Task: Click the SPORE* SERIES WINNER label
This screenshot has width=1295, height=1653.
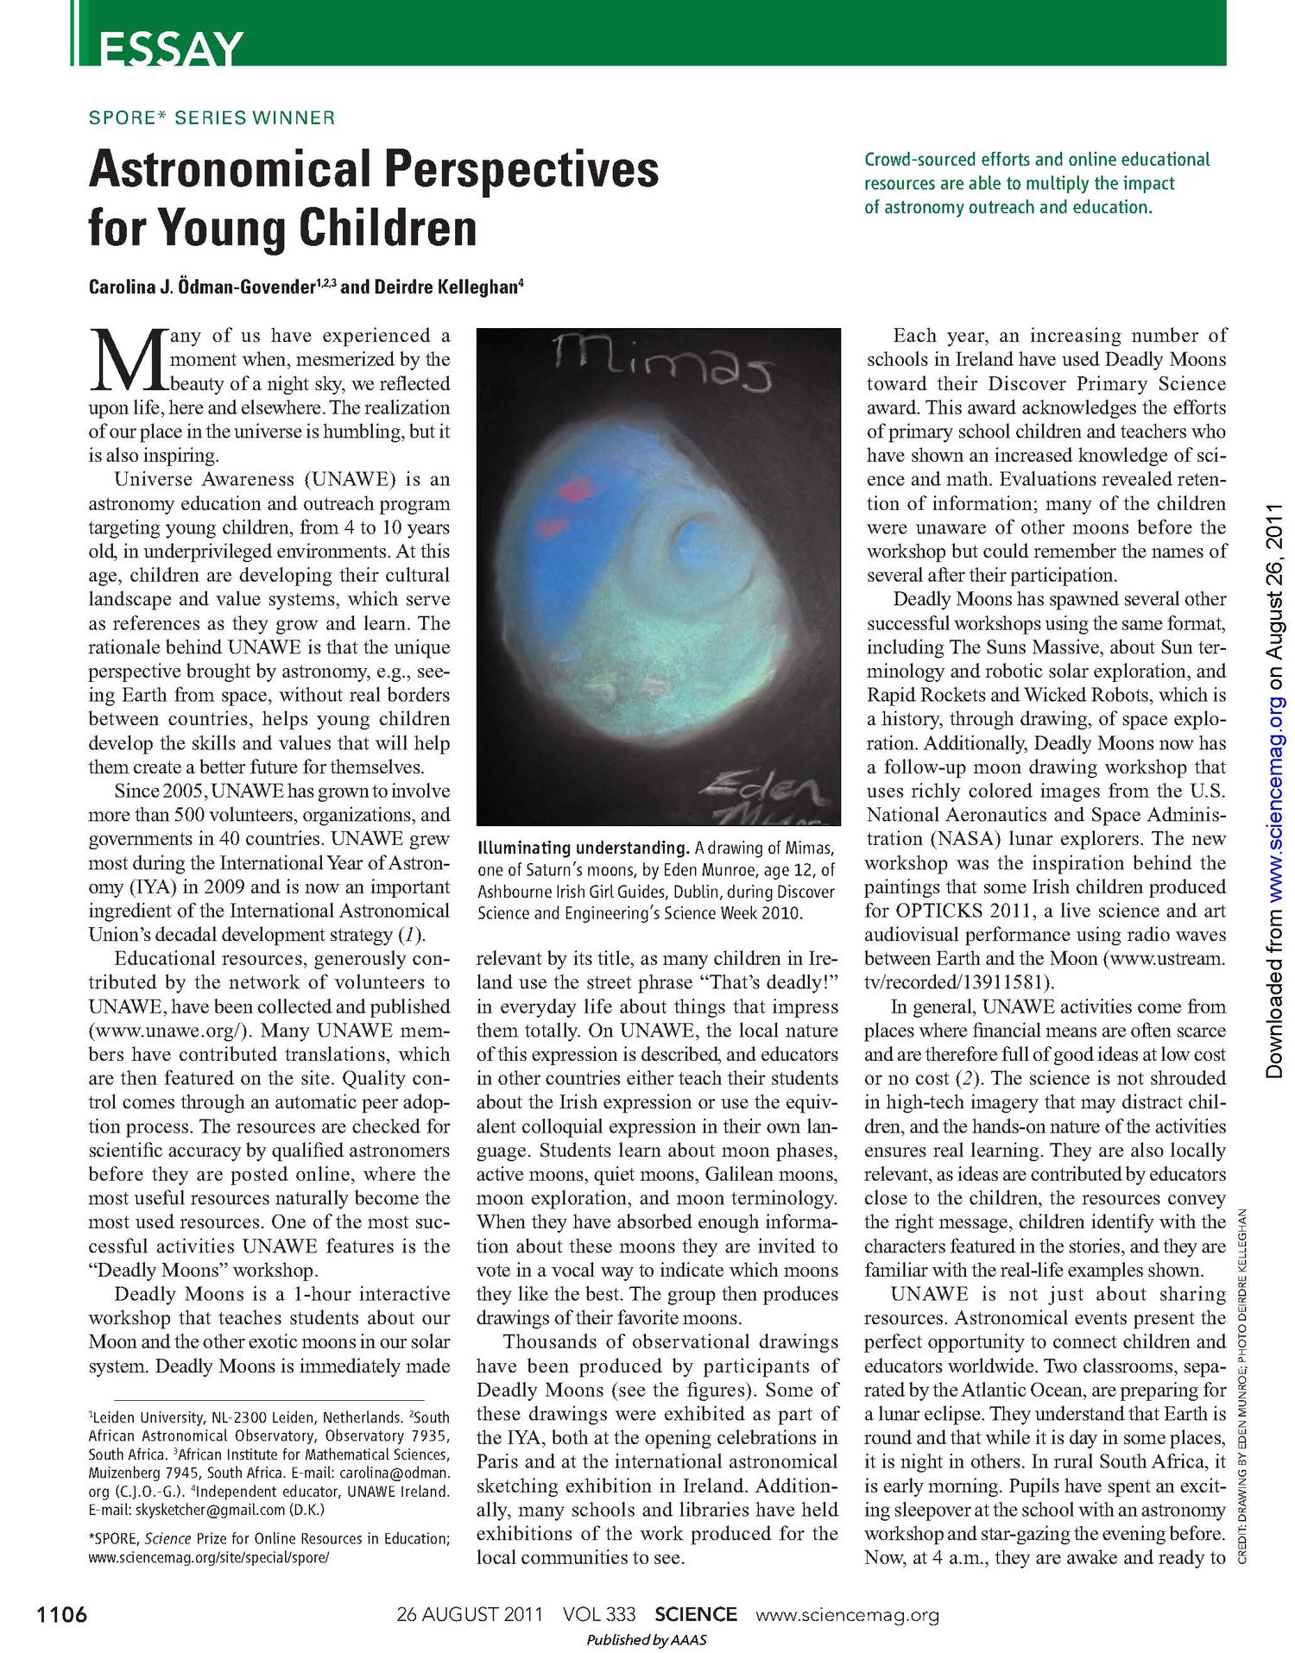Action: tap(212, 117)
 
